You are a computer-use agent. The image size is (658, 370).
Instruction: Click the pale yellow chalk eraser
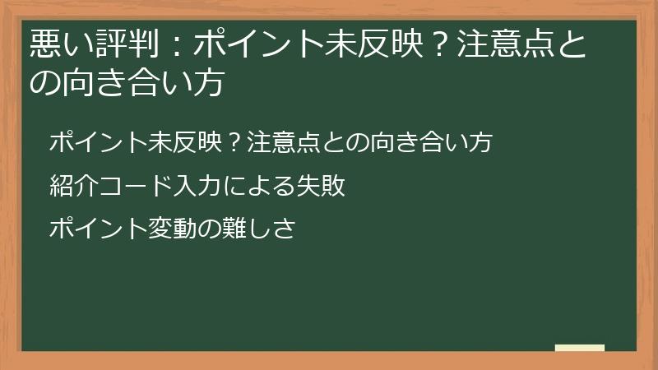pos(579,348)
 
